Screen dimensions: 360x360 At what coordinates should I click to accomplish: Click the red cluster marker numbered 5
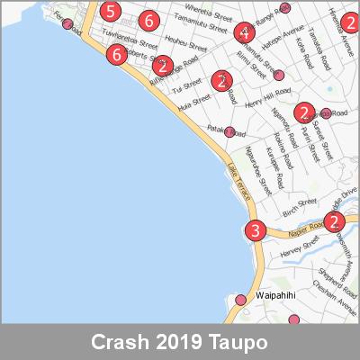[109, 13]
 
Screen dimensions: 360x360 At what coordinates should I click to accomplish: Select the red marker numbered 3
[256, 231]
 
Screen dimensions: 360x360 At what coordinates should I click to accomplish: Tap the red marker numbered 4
[243, 33]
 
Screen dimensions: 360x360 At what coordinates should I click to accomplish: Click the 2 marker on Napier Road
[334, 222]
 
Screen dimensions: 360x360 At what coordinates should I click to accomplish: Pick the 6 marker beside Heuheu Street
[148, 21]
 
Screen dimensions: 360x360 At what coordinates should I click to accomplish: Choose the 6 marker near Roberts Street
[115, 55]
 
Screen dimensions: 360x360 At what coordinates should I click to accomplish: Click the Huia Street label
[194, 105]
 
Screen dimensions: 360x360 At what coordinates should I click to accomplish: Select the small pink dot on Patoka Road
[229, 132]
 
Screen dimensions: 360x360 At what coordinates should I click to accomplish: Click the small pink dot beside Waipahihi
[240, 300]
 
